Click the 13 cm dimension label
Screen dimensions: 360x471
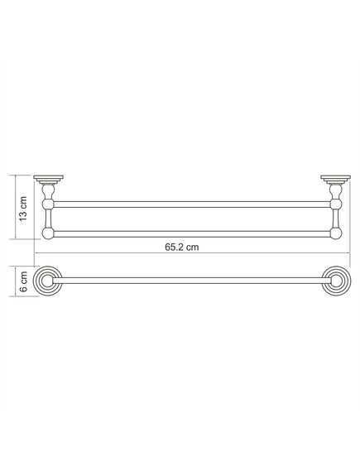(x=23, y=209)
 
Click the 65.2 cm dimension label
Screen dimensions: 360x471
(x=181, y=248)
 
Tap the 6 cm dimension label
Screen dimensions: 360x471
(x=23, y=281)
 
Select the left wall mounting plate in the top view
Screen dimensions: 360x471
(x=48, y=179)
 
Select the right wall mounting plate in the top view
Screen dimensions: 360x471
(x=335, y=179)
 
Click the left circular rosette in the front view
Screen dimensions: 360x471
(x=48, y=281)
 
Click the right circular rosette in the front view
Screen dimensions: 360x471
(x=336, y=281)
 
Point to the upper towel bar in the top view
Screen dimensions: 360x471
(x=192, y=204)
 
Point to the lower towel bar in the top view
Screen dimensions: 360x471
(x=192, y=234)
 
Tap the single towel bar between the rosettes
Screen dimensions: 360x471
(x=192, y=281)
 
